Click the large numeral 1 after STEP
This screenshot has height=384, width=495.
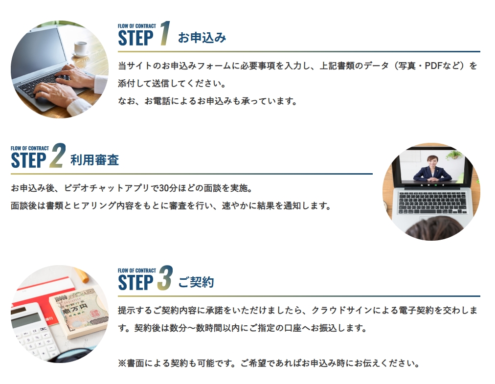pyautogui.click(x=165, y=33)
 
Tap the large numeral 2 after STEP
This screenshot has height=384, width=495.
pyautogui.click(x=57, y=156)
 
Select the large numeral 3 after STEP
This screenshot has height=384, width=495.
pyautogui.click(x=165, y=277)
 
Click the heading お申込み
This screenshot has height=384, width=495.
pyautogui.click(x=202, y=38)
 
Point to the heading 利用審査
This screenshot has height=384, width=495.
pyautogui.click(x=95, y=160)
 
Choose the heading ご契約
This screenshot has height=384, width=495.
pyautogui.click(x=196, y=282)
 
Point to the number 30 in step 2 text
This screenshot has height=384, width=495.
pyautogui.click(x=164, y=188)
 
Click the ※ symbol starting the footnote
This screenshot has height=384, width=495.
pyautogui.click(x=122, y=363)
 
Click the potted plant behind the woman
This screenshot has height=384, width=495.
pyautogui.click(x=454, y=155)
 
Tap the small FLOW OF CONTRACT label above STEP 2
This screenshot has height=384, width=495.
pyautogui.click(x=30, y=148)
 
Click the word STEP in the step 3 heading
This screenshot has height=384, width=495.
pyautogui.click(x=135, y=282)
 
